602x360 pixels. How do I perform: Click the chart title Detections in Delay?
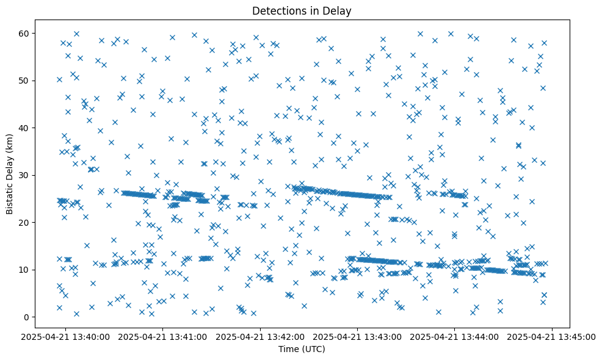click(x=301, y=10)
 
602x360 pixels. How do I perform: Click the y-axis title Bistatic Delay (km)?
click(x=10, y=173)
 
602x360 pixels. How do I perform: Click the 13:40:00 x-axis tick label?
click(x=66, y=336)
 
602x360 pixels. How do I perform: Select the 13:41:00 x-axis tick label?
click(x=164, y=336)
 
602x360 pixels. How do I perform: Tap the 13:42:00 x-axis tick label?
click(x=261, y=336)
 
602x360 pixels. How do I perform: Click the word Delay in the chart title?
click(x=339, y=10)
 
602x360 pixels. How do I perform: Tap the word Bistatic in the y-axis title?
click(x=10, y=197)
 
